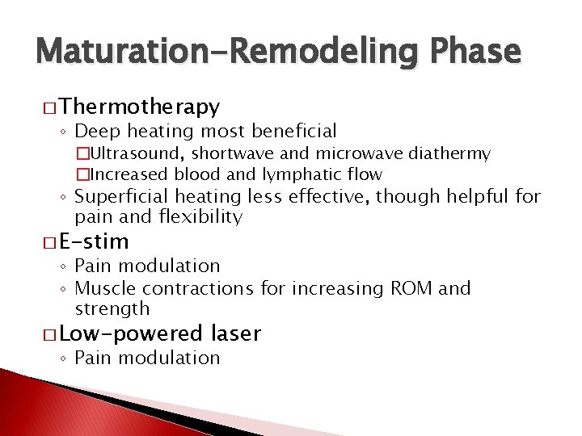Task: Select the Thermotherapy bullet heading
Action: [x=139, y=107]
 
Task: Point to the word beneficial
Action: [x=294, y=131]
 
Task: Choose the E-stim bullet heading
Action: [x=95, y=241]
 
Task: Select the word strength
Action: [x=112, y=309]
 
